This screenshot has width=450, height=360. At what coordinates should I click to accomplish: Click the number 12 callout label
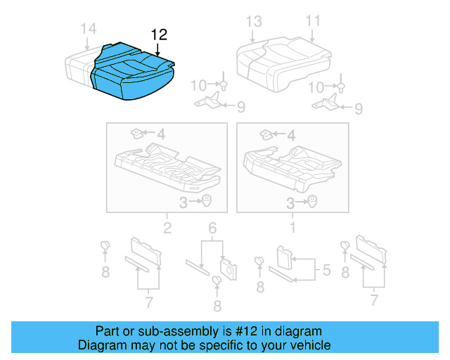click(x=159, y=34)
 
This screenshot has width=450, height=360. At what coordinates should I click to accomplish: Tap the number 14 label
click(x=88, y=29)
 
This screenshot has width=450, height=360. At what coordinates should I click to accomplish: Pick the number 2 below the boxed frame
click(x=167, y=227)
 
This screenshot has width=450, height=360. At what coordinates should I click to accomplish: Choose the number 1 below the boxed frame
click(x=292, y=227)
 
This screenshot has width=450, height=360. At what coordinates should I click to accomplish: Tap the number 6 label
click(x=212, y=227)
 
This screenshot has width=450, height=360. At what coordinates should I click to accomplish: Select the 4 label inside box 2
click(x=160, y=133)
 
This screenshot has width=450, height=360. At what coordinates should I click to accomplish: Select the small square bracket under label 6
click(x=229, y=266)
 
